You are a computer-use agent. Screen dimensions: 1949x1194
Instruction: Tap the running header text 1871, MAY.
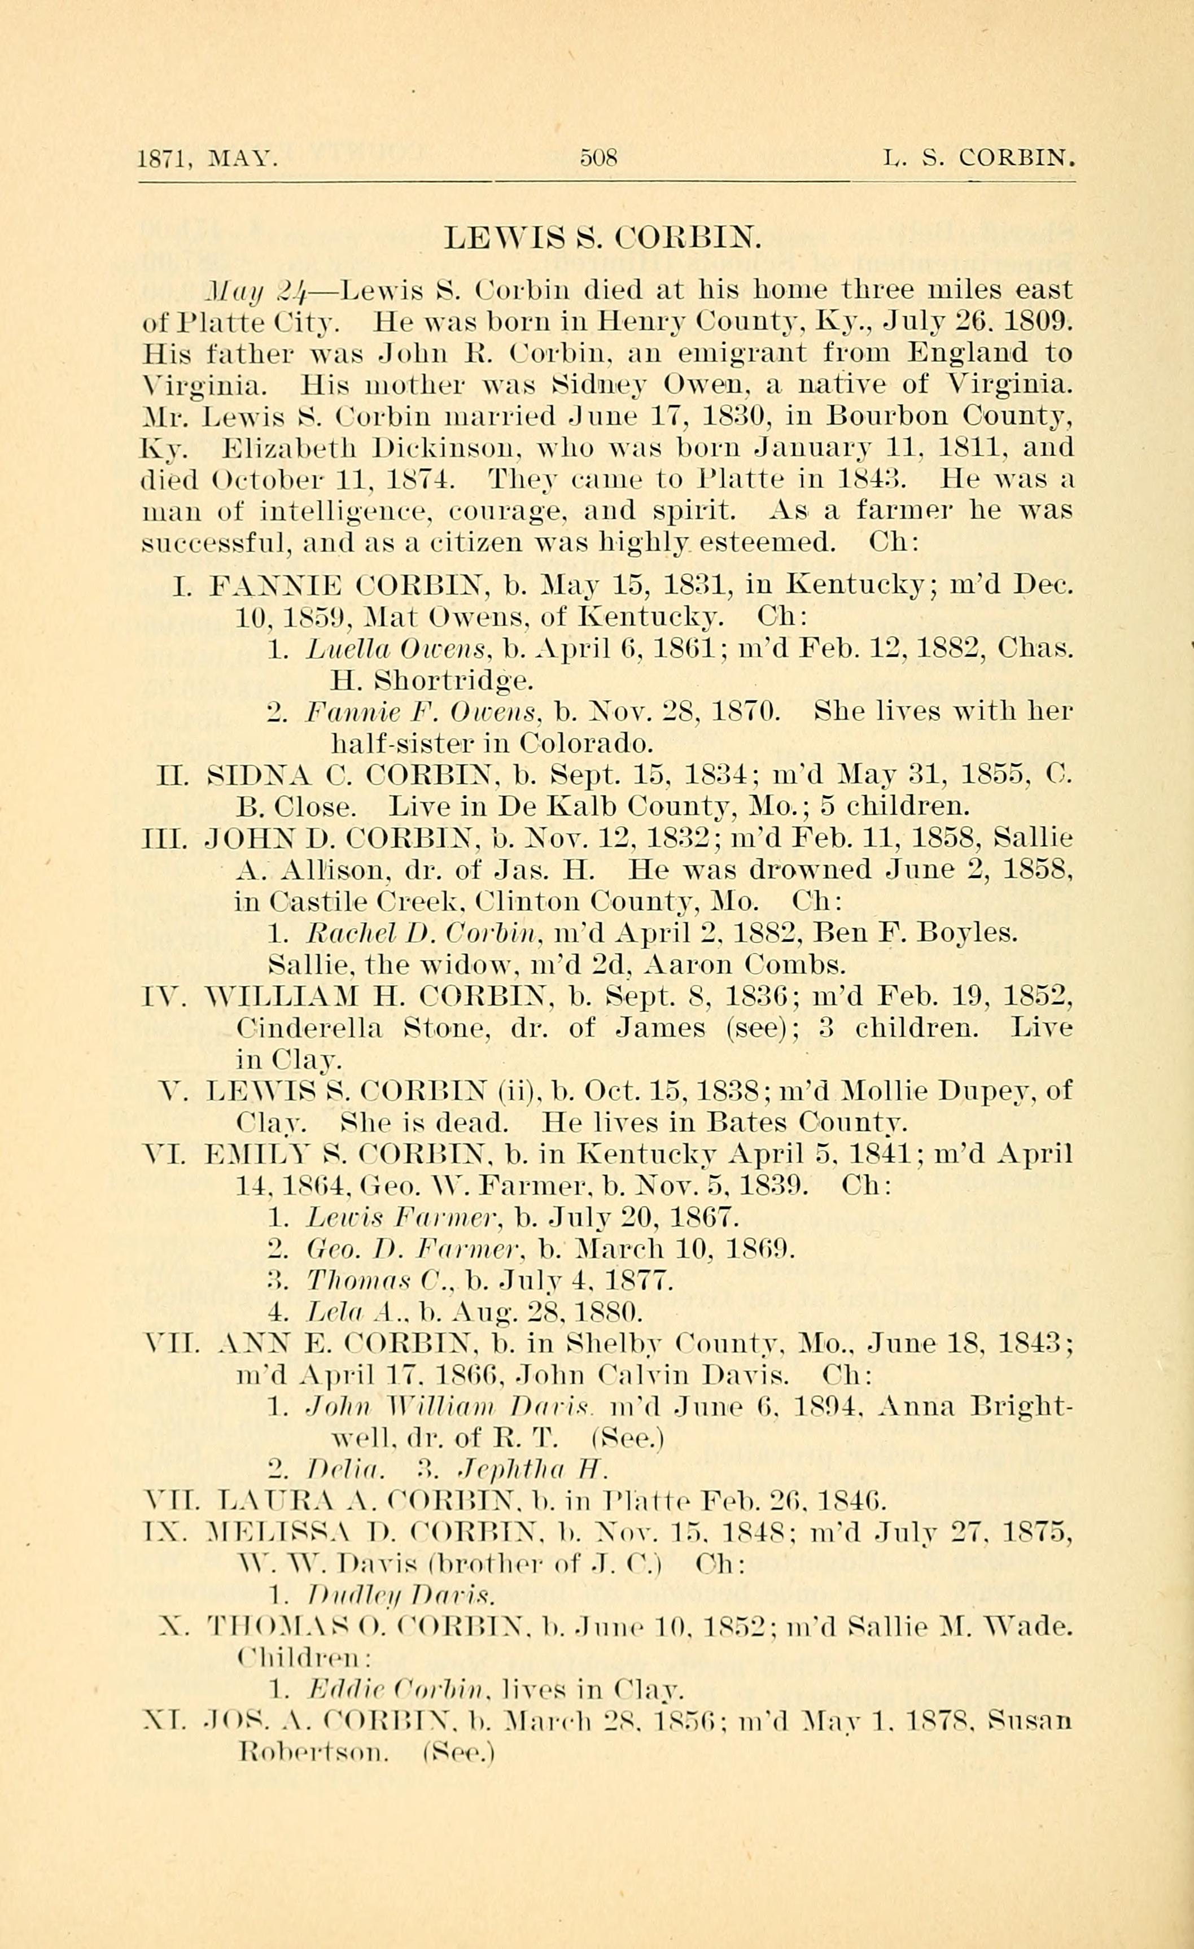(x=207, y=159)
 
